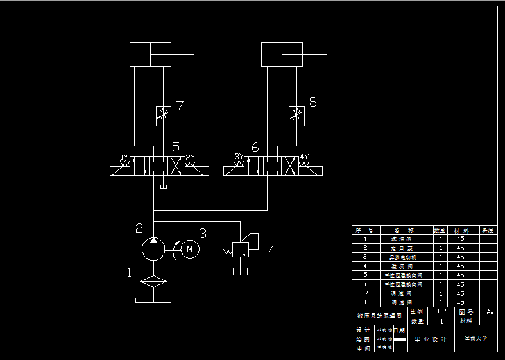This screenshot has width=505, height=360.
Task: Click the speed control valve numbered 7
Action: tap(164, 116)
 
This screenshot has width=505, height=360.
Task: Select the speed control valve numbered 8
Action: tap(296, 116)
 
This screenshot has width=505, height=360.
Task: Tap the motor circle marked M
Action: tap(190, 248)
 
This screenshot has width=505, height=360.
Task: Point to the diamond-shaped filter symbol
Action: tap(154, 281)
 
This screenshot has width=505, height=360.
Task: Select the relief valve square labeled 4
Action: tap(241, 250)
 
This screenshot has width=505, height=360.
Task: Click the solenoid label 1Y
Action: tap(124, 158)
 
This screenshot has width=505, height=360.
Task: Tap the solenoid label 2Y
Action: tap(191, 158)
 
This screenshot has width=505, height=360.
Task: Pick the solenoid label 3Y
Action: tap(239, 157)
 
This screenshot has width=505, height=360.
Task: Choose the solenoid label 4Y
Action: tap(304, 157)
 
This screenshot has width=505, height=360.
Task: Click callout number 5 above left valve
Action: tap(175, 148)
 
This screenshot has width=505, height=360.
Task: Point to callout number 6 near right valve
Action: tap(255, 148)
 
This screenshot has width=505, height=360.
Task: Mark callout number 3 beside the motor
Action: tap(202, 233)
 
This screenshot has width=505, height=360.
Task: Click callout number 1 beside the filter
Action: tap(129, 273)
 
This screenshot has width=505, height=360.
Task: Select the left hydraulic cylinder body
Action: tap(151, 54)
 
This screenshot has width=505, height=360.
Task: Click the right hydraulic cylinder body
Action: tap(282, 54)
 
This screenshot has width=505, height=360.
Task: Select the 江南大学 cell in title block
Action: tap(475, 338)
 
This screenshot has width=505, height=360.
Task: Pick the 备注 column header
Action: tap(488, 230)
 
